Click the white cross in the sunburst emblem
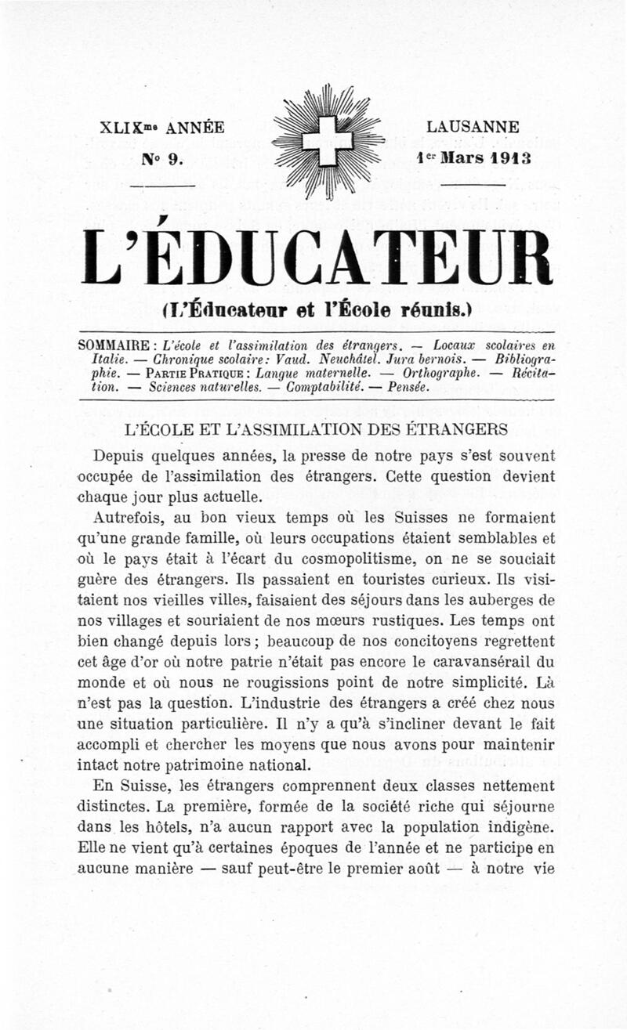328,141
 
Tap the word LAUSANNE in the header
473,127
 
